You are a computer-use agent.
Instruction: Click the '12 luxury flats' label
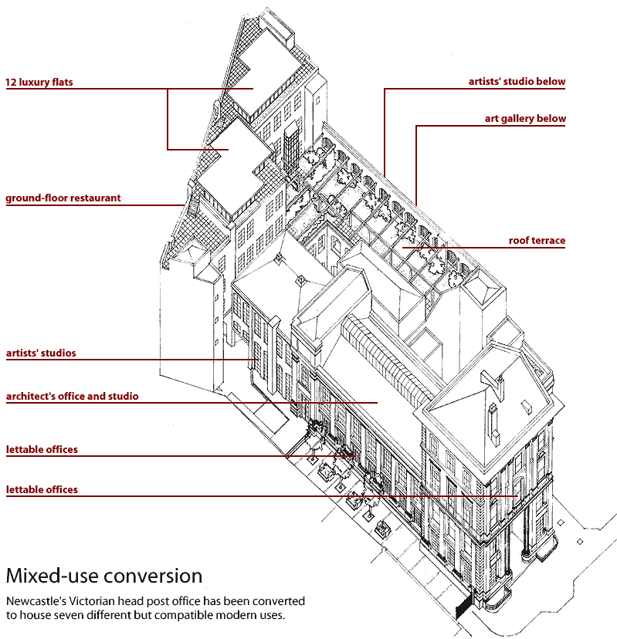point(39,82)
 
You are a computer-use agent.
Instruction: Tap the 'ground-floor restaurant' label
point(63,198)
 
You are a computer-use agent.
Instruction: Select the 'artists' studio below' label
point(517,81)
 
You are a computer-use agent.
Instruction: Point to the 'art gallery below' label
point(525,119)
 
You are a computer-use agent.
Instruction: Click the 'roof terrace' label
point(537,241)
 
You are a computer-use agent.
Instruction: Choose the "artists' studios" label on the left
point(41,353)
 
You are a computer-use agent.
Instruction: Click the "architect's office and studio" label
point(72,397)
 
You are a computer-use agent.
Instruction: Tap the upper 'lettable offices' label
point(42,449)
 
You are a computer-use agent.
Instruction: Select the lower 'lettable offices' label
point(42,489)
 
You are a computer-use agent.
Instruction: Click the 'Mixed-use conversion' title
point(104,576)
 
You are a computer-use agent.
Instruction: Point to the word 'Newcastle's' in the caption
point(32,600)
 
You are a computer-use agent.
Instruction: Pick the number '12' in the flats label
point(12,82)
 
